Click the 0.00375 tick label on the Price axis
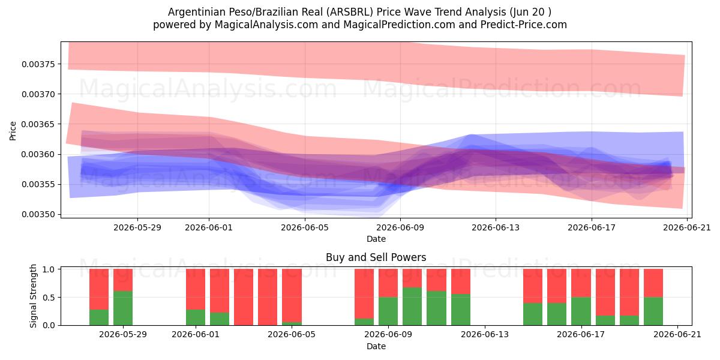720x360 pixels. pos(38,64)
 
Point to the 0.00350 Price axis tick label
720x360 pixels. pos(38,214)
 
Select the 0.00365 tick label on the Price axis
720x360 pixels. pos(38,124)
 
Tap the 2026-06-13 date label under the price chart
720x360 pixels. pos(496,227)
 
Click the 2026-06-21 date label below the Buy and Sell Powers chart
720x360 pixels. pos(677,334)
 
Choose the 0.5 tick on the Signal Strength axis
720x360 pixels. pos(49,298)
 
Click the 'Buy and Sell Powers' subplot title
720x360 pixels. pos(376,257)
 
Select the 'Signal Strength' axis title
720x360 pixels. pos(33,296)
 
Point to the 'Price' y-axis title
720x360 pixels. pos(13,131)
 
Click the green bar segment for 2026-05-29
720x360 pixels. pos(123,308)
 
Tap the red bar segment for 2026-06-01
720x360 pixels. pos(196,289)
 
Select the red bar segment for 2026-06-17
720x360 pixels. pos(581,283)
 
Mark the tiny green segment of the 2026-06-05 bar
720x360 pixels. pos(292,323)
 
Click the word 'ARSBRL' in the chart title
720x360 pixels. pos(349,12)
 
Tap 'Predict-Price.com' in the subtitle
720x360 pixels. pos(524,25)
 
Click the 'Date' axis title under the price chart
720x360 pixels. pos(376,239)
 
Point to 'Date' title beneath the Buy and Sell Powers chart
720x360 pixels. pos(376,346)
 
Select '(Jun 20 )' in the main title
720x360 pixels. pos(530,12)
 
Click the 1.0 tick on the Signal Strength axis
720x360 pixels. pos(49,269)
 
